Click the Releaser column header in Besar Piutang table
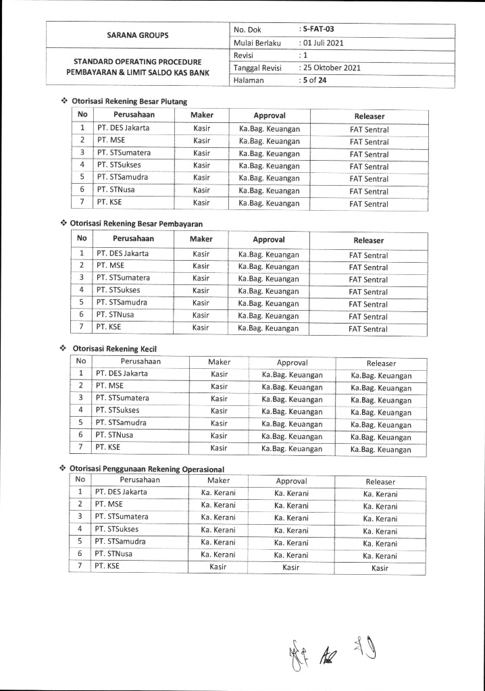coord(369,116)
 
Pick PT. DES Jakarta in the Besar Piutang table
coord(123,128)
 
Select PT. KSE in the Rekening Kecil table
coord(107,448)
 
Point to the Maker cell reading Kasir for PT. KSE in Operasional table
coord(218,567)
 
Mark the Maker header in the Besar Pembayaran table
coord(201,239)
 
